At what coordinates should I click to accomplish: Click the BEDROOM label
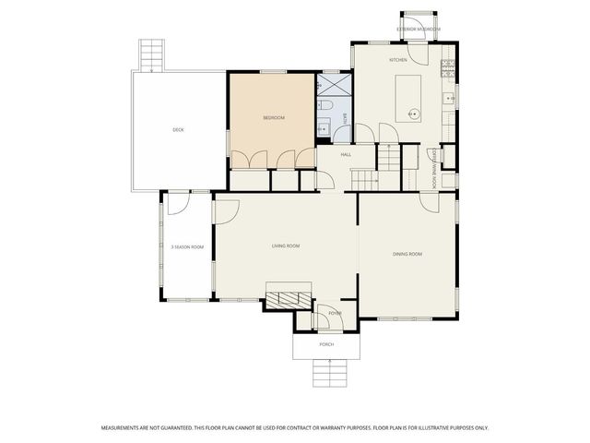click(x=273, y=118)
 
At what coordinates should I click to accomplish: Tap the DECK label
click(x=178, y=130)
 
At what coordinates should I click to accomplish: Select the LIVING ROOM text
click(x=286, y=245)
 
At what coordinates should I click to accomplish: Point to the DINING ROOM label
click(x=407, y=254)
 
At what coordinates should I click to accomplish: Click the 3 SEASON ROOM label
click(x=186, y=246)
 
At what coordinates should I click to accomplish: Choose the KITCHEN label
click(x=397, y=60)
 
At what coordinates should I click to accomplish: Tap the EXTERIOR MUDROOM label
click(x=419, y=30)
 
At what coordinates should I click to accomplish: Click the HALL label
click(x=346, y=154)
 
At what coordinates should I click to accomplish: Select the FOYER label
click(x=336, y=314)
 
